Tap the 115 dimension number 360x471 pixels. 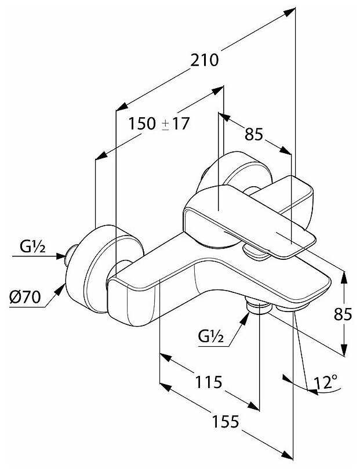(x=209, y=383)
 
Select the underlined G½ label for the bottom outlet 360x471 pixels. (x=210, y=335)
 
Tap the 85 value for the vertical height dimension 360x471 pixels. (x=343, y=314)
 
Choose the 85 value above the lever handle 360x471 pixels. (x=254, y=135)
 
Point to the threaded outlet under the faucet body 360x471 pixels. (x=257, y=306)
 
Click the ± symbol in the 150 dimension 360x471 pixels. (x=165, y=124)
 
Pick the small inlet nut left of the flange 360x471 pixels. (x=72, y=255)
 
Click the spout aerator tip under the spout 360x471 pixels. (x=293, y=309)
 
